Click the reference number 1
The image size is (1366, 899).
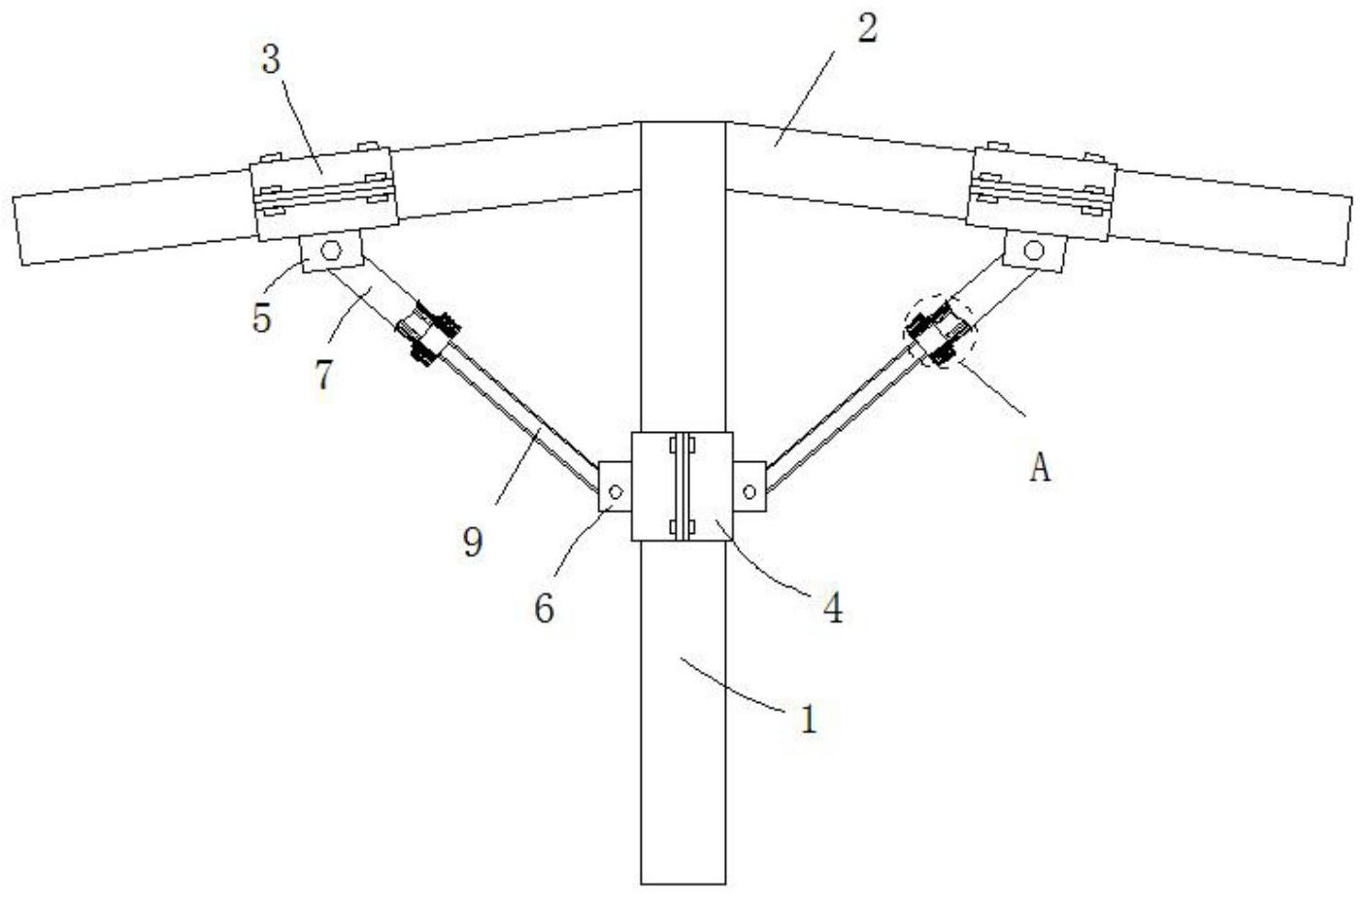pos(808,719)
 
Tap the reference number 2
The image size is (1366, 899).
pos(866,28)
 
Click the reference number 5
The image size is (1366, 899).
pos(262,318)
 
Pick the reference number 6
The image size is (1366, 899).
pos(544,609)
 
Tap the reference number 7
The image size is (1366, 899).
pos(323,375)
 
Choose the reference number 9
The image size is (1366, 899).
pos(472,542)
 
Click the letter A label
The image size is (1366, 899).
pos(1040,469)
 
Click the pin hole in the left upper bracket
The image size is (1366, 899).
pos(332,251)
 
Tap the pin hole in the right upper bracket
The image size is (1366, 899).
pos(1034,250)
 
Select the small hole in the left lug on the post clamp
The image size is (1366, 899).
pos(614,491)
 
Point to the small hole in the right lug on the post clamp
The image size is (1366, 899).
pos(749,492)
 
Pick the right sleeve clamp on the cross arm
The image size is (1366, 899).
pos(1045,189)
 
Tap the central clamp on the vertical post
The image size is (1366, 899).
pos(682,485)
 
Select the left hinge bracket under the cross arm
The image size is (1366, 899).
pos(330,253)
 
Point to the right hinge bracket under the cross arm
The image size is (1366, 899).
pos(1034,251)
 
